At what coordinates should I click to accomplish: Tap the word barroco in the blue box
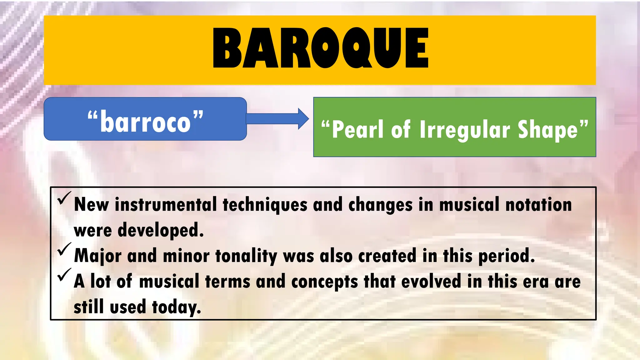(x=145, y=122)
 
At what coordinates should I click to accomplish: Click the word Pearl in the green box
(x=357, y=129)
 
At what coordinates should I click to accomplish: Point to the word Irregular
(x=465, y=130)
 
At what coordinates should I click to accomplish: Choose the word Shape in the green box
(x=548, y=130)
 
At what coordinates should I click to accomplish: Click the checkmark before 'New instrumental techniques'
(x=64, y=199)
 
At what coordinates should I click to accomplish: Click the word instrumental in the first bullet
(x=166, y=205)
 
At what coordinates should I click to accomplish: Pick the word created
(x=387, y=256)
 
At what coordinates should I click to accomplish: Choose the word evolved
(x=431, y=281)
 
